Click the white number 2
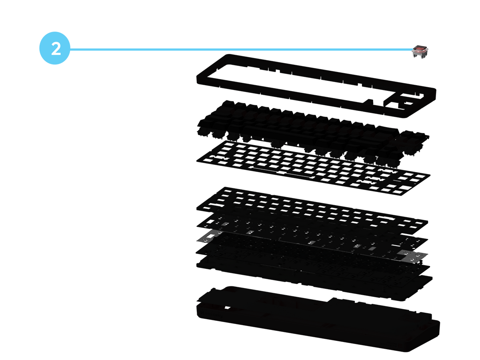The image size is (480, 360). tap(56, 48)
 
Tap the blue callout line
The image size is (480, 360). tap(240, 49)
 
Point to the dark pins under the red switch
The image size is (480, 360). tap(419, 55)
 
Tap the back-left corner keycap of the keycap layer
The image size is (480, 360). tap(228, 104)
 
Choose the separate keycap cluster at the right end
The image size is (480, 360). tap(411, 142)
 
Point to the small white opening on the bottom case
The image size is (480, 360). tap(228, 308)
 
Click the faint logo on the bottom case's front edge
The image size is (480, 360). tap(211, 315)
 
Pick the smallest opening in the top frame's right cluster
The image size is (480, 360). tap(408, 103)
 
